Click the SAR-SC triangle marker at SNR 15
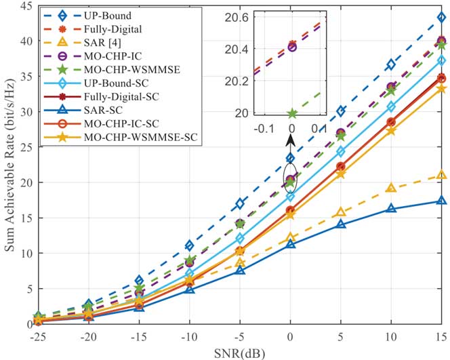click(x=441, y=201)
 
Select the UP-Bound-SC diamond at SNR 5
click(x=340, y=152)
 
